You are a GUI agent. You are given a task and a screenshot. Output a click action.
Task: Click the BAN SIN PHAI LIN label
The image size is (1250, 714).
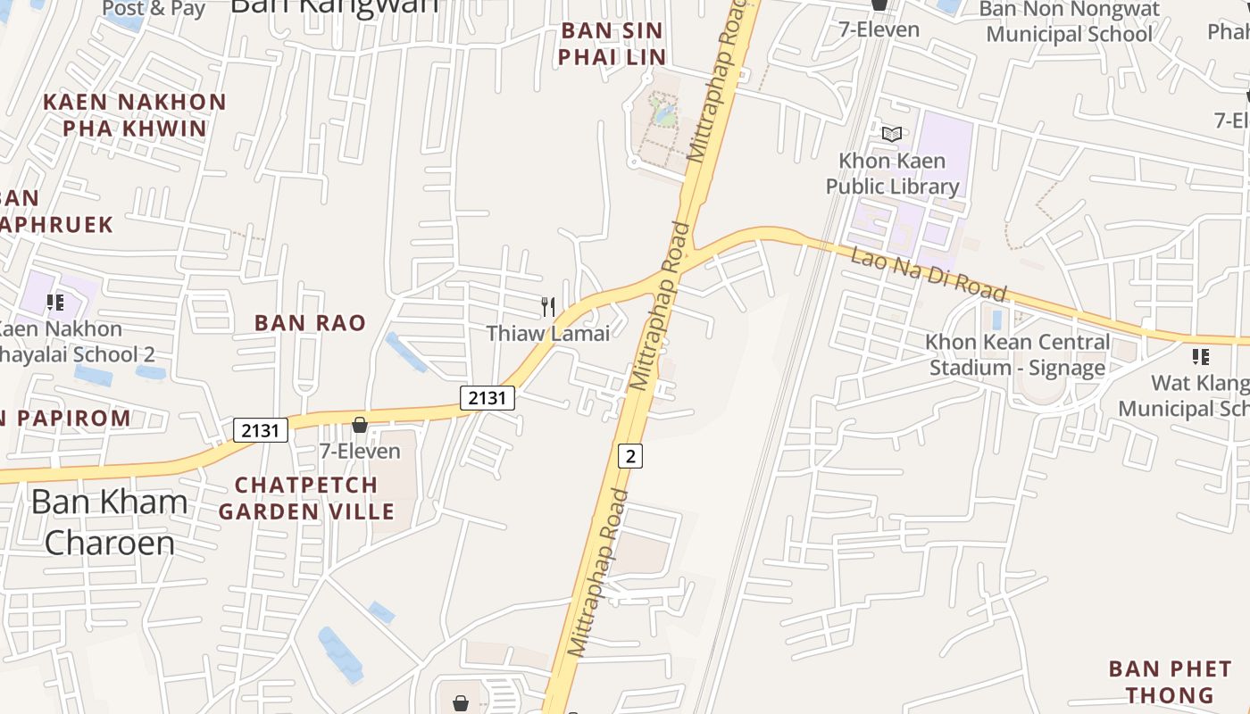tap(612, 44)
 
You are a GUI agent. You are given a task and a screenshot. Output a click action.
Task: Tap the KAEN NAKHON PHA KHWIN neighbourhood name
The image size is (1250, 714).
tap(135, 114)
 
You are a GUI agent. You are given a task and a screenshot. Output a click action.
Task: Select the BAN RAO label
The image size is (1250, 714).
tap(310, 323)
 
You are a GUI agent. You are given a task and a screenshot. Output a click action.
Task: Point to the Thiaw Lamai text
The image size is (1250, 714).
tap(548, 334)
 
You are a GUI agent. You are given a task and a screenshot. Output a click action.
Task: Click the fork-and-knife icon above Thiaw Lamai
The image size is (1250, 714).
tap(548, 307)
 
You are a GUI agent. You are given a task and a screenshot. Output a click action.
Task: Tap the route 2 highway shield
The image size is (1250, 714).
tap(630, 456)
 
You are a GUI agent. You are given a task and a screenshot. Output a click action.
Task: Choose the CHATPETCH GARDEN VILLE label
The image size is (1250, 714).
tap(306, 498)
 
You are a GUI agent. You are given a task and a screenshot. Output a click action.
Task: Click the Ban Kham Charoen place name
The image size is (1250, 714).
tap(109, 521)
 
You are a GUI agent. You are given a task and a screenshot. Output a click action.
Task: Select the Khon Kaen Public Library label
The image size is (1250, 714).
tap(892, 173)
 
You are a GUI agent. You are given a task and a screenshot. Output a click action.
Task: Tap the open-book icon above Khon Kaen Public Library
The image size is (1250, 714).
tap(892, 134)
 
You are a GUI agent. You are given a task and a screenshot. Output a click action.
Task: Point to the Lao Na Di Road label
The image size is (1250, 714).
tap(929, 274)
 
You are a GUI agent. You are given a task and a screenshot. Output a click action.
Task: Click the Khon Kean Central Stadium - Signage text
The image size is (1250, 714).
tap(1018, 354)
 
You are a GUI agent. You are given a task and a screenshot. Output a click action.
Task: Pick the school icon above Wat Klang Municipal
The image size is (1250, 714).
tap(1201, 357)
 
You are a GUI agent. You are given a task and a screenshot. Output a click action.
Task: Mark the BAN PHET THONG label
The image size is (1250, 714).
tap(1170, 682)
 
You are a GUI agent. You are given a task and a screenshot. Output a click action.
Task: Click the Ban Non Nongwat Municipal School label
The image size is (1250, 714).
tap(1070, 22)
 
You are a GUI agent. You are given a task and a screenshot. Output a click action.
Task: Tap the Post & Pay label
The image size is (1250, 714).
tap(154, 9)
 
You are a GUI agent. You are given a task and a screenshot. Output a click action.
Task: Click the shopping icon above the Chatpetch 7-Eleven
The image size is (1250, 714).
tap(360, 425)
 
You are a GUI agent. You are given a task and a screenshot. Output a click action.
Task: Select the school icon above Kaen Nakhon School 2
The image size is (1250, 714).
tap(55, 303)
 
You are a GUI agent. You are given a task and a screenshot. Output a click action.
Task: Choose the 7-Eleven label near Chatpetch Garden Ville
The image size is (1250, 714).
tap(360, 452)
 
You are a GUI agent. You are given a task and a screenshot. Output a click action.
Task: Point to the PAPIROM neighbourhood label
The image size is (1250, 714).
tap(67, 418)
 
